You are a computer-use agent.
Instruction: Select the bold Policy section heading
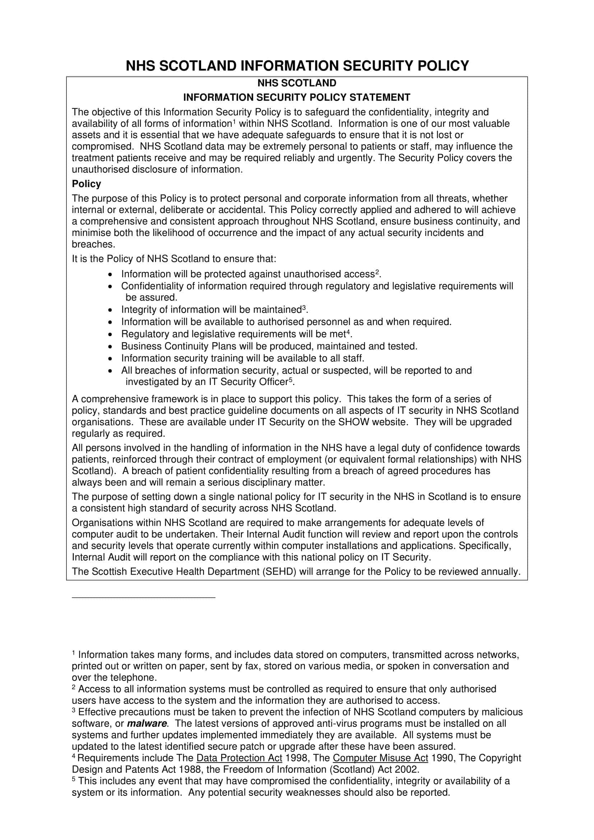point(86,184)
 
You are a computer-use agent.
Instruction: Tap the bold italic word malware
point(147,723)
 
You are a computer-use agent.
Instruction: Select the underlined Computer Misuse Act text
point(381,758)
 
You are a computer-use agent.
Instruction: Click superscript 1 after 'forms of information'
point(234,121)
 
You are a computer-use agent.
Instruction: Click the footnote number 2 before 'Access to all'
point(74,687)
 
